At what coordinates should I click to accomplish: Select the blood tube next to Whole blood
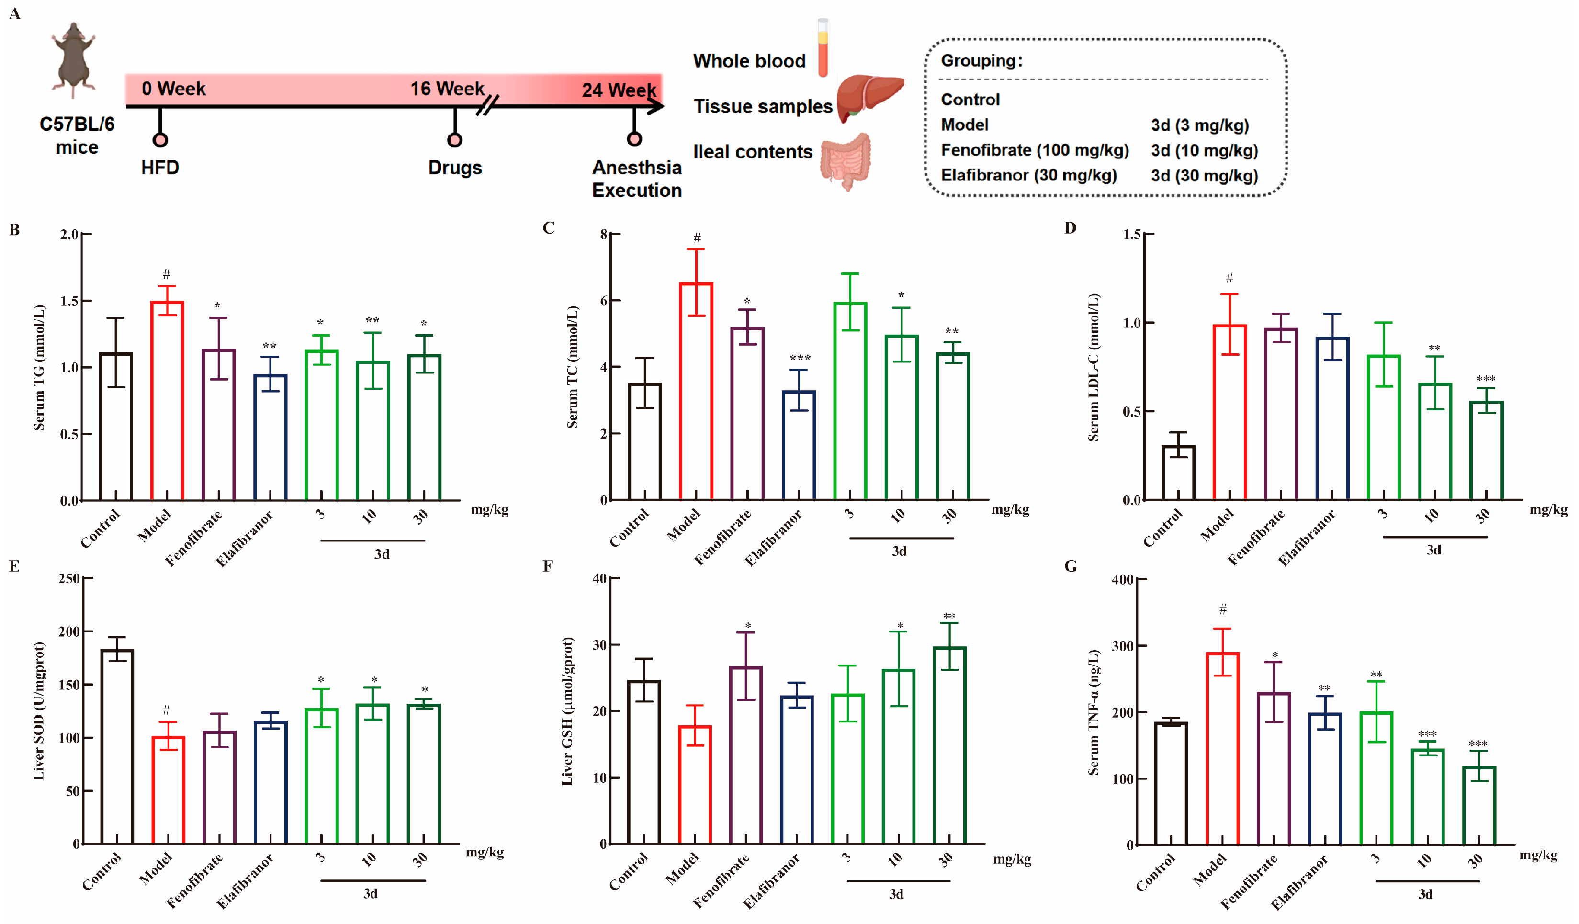click(823, 48)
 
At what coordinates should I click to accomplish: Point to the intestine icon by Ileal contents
click(846, 161)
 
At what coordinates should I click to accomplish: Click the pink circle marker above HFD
click(160, 139)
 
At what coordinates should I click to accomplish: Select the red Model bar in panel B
click(167, 401)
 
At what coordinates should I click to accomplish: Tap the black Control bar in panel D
click(1178, 473)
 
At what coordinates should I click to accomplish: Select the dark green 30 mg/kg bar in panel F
click(949, 745)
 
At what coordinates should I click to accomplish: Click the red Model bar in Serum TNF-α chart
click(1222, 749)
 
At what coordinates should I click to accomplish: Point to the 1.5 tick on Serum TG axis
click(69, 301)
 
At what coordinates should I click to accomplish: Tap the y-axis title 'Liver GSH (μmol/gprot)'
click(567, 711)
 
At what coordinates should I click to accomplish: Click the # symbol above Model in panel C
click(697, 238)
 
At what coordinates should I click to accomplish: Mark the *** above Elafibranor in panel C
click(800, 358)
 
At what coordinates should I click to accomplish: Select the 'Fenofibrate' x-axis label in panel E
click(194, 880)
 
